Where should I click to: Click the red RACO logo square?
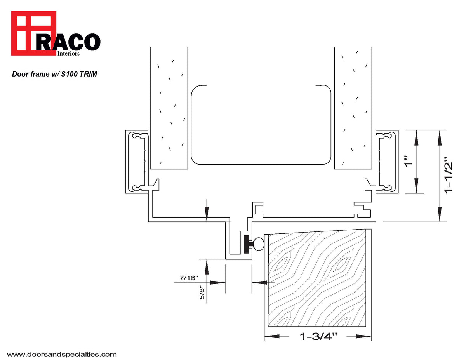[x=34, y=33]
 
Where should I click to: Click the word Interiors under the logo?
[x=68, y=54]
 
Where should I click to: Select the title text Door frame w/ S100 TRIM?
[x=54, y=74]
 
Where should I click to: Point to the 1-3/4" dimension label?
[x=318, y=336]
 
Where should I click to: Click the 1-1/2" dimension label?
[x=449, y=175]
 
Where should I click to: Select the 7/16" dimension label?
[x=189, y=278]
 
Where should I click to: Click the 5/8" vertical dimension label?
[x=201, y=292]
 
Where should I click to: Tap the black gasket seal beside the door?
[x=247, y=244]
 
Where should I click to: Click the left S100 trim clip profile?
[x=136, y=162]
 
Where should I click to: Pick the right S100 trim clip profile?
[x=387, y=162]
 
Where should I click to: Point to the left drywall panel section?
[x=169, y=109]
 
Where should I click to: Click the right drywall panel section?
[x=353, y=109]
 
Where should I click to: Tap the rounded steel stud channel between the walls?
[x=261, y=124]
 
